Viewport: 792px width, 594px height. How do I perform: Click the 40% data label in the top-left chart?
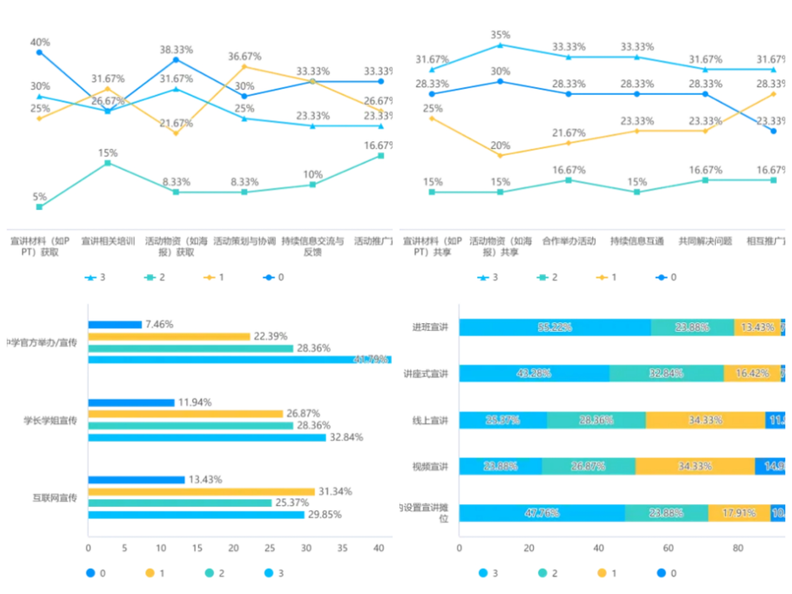[x=40, y=42]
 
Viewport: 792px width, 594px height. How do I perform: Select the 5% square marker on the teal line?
[x=39, y=207]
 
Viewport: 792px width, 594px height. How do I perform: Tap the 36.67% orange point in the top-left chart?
[x=244, y=67]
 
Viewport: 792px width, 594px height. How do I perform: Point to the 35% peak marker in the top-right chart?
[x=500, y=45]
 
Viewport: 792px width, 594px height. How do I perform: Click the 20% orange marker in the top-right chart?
[x=500, y=155]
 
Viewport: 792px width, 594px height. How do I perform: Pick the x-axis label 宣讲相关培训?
[x=108, y=241]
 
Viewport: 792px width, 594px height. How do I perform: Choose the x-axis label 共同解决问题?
[x=705, y=241]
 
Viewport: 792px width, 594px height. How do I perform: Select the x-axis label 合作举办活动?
[x=569, y=241]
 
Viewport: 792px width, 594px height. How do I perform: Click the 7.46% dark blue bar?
[x=115, y=324]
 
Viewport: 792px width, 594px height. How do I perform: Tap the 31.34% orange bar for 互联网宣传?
[x=201, y=492]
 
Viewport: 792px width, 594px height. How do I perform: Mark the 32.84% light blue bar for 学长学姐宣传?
[x=207, y=437]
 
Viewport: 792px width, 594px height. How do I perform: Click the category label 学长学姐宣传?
[x=50, y=420]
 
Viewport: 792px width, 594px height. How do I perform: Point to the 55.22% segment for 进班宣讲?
[x=555, y=327]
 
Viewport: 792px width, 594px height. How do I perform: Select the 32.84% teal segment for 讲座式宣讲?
[x=666, y=373]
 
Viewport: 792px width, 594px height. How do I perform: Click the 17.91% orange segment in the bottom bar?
[x=739, y=513]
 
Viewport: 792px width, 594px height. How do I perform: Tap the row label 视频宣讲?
[x=430, y=466]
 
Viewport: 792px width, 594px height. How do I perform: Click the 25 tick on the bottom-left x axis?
[x=269, y=548]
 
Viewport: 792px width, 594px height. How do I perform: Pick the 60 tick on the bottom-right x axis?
[x=668, y=548]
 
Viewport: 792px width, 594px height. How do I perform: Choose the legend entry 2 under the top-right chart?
[x=547, y=277]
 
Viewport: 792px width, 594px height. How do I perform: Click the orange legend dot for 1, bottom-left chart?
[x=150, y=573]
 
